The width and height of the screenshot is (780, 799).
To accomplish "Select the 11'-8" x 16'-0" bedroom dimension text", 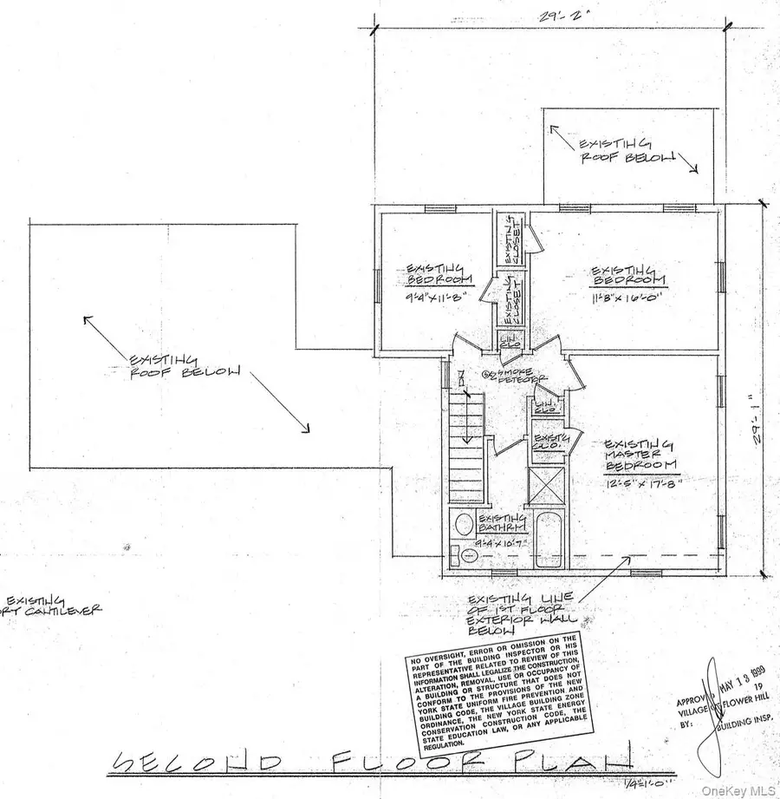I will pos(627,297).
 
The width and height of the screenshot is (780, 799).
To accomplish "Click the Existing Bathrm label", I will pos(501,523).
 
